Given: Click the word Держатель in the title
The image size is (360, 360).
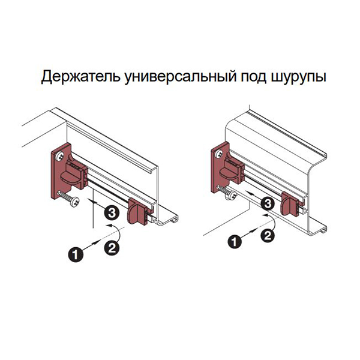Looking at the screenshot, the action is (80, 76).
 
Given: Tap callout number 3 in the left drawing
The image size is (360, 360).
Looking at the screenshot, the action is (112, 213).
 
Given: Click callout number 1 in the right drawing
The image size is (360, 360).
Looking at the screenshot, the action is (235, 242).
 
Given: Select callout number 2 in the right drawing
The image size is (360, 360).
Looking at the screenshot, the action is (268, 236).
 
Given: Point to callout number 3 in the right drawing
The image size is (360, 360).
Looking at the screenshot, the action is (268, 203).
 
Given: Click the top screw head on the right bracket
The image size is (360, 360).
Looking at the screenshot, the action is (220, 153).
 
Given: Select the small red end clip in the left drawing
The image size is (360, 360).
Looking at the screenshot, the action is (137, 211).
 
